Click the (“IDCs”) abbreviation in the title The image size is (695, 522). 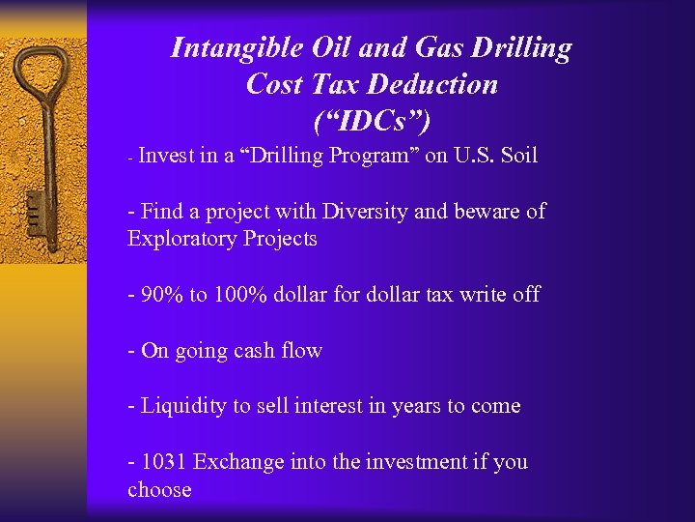[373, 122]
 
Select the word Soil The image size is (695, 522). [517, 155]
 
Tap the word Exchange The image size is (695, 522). [235, 462]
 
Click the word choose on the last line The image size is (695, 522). [159, 489]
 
